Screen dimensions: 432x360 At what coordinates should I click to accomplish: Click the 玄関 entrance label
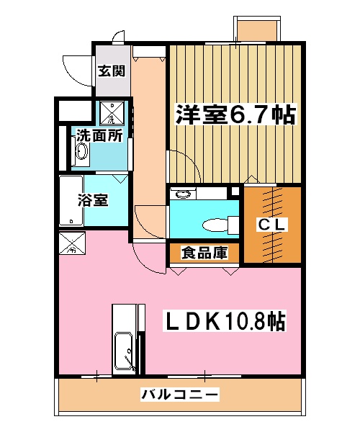(x=112, y=71)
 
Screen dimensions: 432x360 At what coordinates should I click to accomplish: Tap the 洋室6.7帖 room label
(x=233, y=114)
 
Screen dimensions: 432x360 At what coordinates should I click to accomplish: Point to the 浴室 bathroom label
(x=93, y=199)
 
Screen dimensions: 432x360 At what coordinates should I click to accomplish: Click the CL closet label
(x=272, y=225)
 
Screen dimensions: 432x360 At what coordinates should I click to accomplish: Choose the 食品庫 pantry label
(x=204, y=253)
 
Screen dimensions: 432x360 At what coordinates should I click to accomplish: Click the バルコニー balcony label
(x=179, y=395)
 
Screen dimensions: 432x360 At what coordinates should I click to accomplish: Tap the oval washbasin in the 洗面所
(x=81, y=153)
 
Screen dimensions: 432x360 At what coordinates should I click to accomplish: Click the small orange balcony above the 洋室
(x=257, y=29)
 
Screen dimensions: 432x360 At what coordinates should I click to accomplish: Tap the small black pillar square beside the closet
(x=234, y=192)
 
